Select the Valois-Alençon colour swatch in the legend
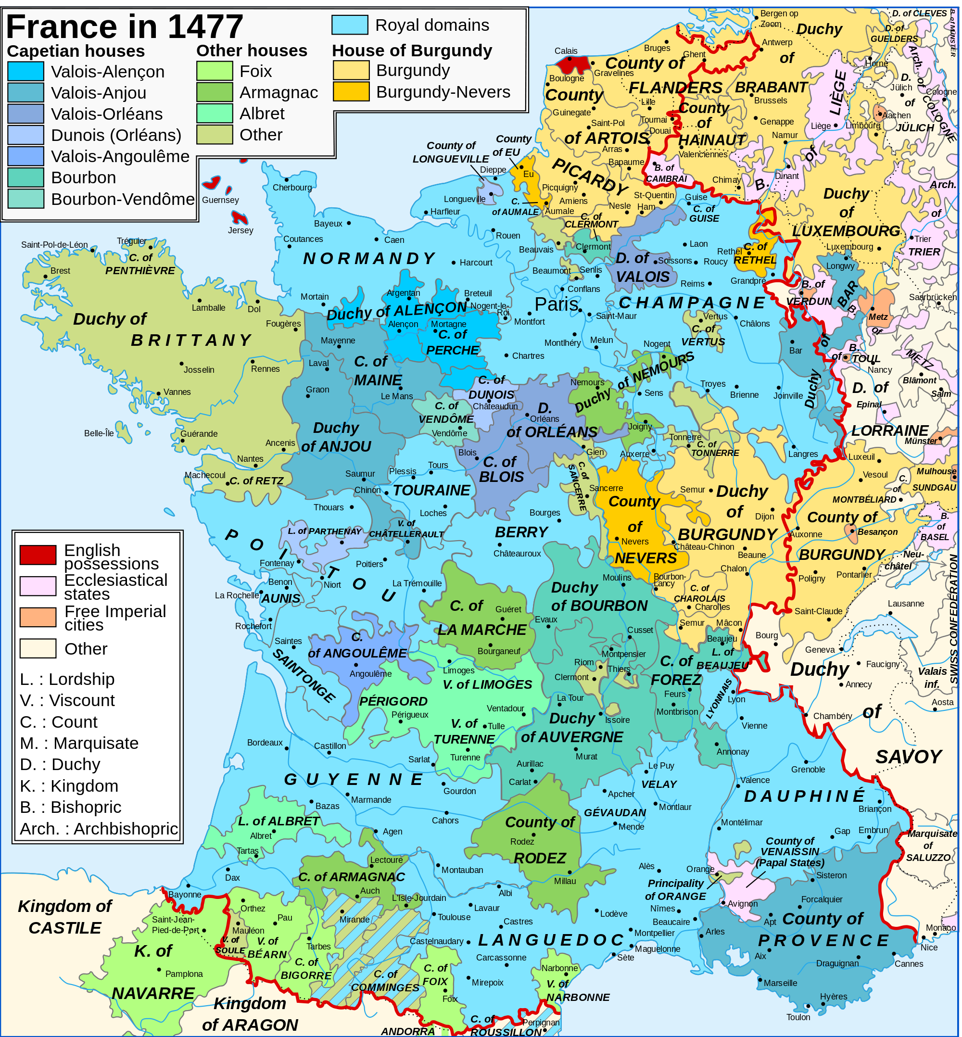point(26,71)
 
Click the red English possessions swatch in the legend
point(38,555)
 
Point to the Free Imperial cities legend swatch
point(38,618)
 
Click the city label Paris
point(556,304)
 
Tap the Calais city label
point(565,51)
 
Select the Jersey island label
point(240,230)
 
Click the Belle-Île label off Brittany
point(99,433)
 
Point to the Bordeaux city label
point(265,742)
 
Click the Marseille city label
point(780,983)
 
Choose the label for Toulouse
point(454,917)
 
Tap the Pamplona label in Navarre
point(184,974)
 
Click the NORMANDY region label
point(369,259)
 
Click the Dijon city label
point(764,517)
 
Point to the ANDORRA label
point(407,1031)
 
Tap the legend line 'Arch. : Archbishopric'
point(99,829)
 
